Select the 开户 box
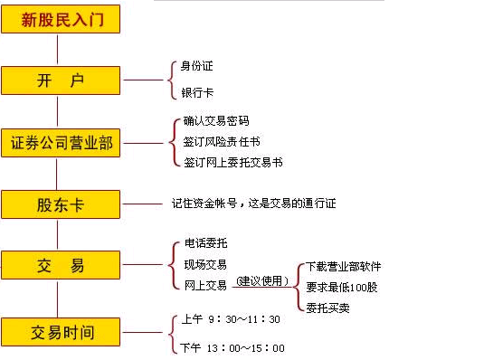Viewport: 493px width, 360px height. point(61,81)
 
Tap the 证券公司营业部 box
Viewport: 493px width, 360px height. point(61,142)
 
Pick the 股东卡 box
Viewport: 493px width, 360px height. point(61,204)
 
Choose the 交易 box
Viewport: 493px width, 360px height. point(61,266)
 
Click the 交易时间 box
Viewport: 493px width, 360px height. point(61,330)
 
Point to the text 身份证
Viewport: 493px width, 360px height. point(197,65)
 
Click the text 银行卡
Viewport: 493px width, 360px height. point(197,94)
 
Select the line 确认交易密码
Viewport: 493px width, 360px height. point(215,120)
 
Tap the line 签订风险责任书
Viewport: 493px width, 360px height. point(222,141)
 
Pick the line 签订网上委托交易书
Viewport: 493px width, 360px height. point(232,163)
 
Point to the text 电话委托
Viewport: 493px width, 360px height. point(204,244)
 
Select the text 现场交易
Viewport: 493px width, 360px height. point(204,264)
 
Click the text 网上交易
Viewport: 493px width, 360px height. point(204,285)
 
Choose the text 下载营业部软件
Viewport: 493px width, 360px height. point(344,267)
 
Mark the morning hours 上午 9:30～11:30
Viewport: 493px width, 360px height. point(231,319)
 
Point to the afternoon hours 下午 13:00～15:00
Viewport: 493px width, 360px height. point(232,348)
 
